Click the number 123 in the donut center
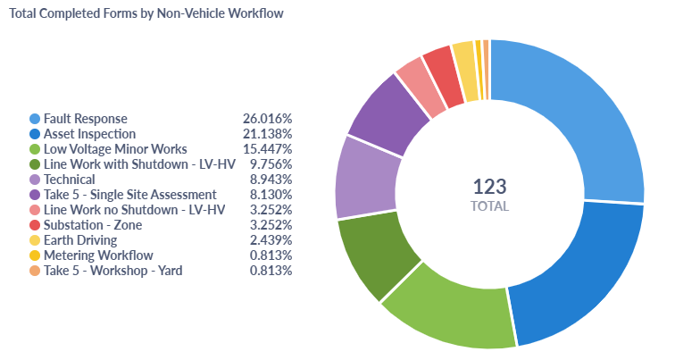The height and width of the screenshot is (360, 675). (489, 186)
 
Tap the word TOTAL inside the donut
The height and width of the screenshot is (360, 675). (489, 206)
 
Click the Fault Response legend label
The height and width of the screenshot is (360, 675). (86, 118)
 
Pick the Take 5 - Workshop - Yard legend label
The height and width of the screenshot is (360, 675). (112, 270)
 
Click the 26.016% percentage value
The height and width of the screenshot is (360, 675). (267, 118)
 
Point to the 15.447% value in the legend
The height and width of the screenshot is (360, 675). (267, 148)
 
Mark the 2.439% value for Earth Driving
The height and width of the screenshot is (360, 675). (271, 239)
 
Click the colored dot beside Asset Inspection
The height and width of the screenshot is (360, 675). (35, 133)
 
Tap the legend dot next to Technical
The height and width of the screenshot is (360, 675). (35, 179)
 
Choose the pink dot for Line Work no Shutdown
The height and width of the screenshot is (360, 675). (35, 209)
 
